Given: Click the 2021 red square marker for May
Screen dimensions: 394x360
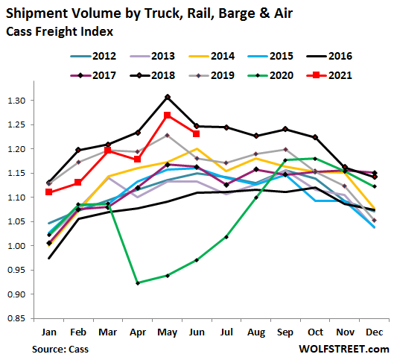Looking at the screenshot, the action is pos(168,116).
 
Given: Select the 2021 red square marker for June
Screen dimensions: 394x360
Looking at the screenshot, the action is pos(196,133).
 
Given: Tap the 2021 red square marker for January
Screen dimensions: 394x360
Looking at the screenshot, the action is pos(48,192).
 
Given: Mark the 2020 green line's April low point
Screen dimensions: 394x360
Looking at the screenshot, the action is pos(138,283).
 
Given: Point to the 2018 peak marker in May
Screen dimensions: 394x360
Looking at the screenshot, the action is pos(168,97).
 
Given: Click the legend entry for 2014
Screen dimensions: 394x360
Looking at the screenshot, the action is pos(212,56).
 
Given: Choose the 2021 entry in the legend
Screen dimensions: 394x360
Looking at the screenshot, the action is pos(329,75).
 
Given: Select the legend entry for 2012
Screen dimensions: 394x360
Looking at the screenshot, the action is pos(93,56).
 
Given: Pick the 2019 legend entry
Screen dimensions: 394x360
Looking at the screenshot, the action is pos(212,75).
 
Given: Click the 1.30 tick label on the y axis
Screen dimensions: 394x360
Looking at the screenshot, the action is pos(16,101).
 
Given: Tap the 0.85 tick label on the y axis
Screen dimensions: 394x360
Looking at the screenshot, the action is pos(16,318).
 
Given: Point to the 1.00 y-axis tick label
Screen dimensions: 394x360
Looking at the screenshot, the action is pos(16,246).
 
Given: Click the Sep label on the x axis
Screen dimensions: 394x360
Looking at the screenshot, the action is pos(285,332).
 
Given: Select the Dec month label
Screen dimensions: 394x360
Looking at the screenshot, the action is pos(375,332).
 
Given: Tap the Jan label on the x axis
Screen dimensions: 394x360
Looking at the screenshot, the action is pos(48,332).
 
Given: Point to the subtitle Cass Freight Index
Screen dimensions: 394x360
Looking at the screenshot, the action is pos(60,31).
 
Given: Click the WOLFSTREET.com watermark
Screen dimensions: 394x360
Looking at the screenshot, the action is pos(344,349).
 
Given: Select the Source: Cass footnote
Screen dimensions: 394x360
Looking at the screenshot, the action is pos(60,349).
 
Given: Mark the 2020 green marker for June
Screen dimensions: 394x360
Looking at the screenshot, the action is pos(197,260).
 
